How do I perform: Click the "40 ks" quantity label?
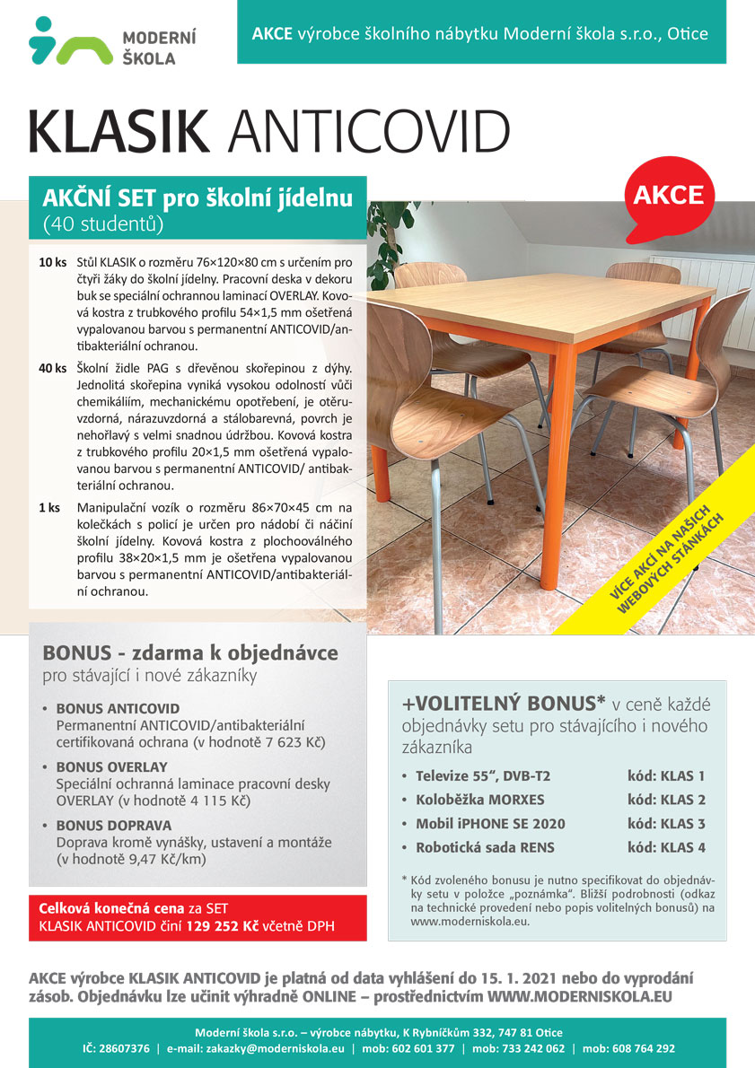tap(52, 368)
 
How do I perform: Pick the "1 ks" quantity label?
tap(48, 507)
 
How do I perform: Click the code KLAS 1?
tap(666, 775)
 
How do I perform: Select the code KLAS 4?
tap(666, 846)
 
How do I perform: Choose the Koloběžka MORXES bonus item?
tap(479, 800)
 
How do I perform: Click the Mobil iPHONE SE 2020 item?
tap(490, 823)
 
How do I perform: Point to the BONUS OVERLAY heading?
tap(111, 767)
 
